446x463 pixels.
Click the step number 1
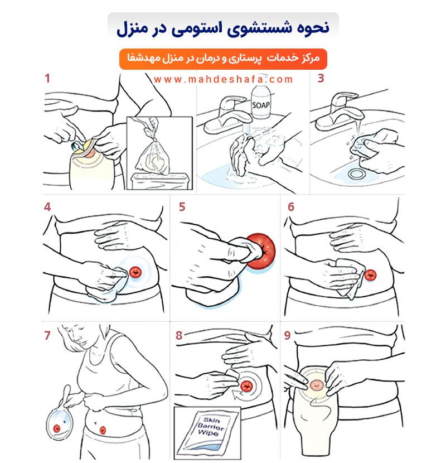[x=47, y=78]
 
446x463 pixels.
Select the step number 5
[x=182, y=207]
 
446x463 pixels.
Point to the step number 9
[x=287, y=335]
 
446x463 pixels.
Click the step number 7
[x=47, y=335]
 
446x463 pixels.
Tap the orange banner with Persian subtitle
[x=223, y=58]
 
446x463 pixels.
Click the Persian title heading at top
[x=223, y=27]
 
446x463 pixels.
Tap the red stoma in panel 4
[x=135, y=272]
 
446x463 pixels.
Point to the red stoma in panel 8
[x=246, y=385]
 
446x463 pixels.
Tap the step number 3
[x=321, y=78]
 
